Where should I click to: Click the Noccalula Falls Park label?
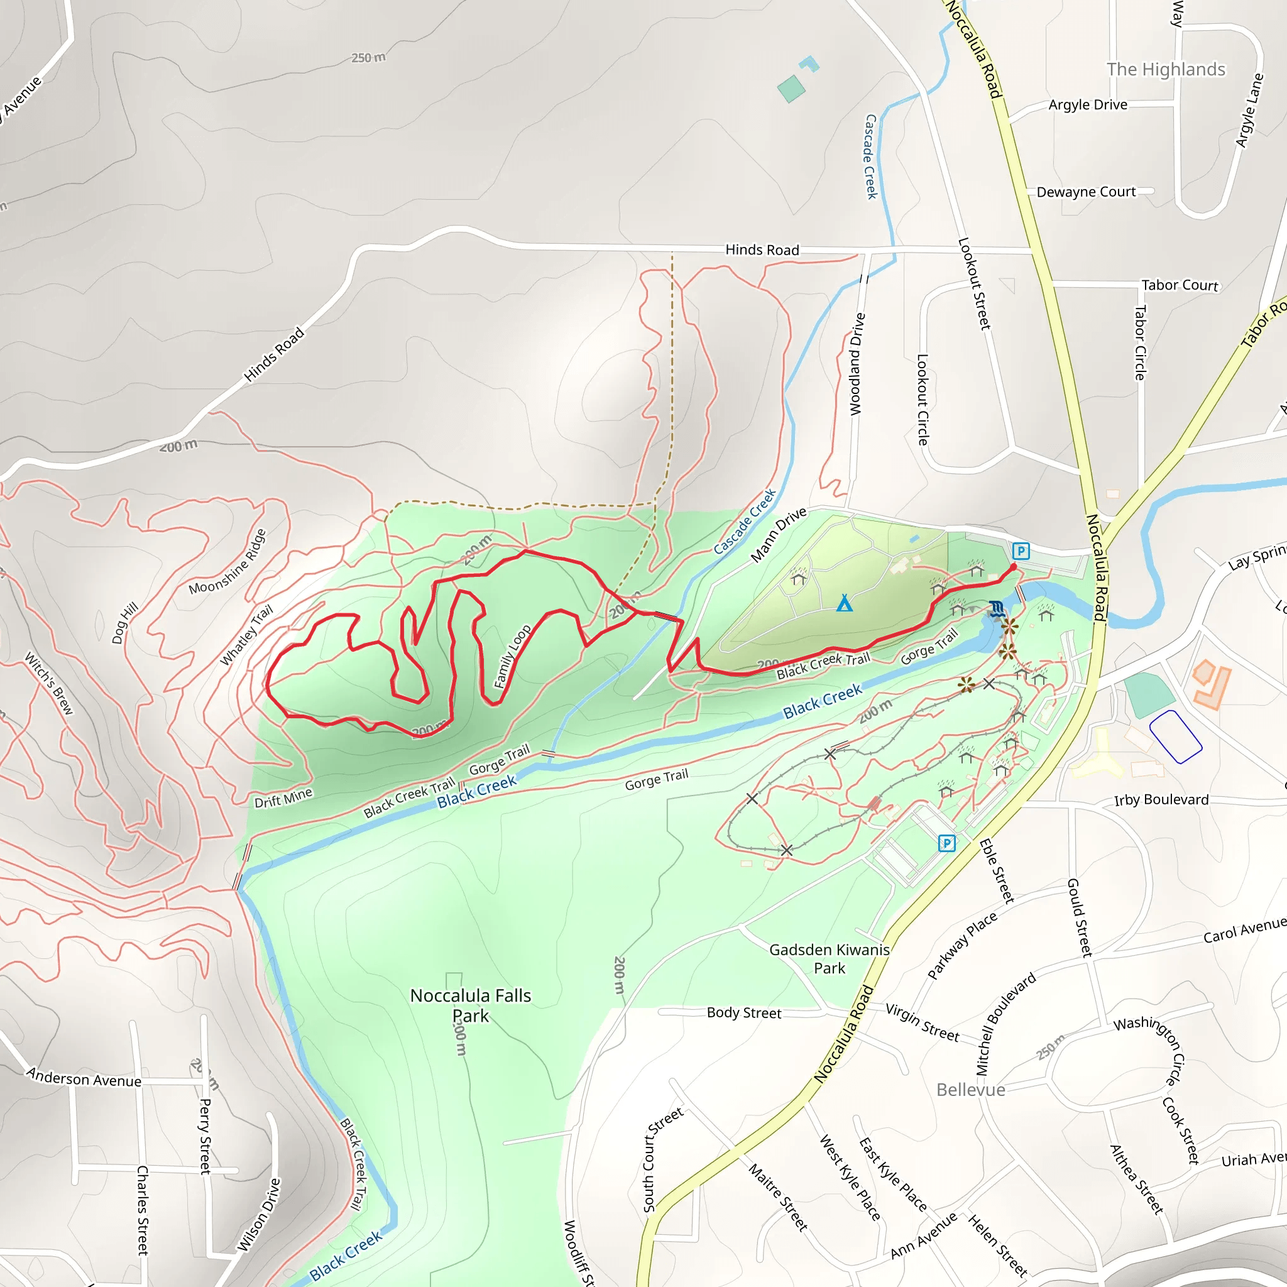470,1005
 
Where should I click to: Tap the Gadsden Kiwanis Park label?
830,958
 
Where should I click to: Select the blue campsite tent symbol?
844,603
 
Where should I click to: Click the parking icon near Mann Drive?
1021,551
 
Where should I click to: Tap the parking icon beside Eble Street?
946,843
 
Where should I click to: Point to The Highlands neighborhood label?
1166,69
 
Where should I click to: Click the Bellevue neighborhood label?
970,1090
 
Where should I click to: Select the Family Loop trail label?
512,656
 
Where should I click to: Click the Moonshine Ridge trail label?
228,562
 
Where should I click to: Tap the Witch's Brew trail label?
48,684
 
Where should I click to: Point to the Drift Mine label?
283,798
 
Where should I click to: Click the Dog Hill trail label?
124,623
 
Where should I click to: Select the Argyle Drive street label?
1088,104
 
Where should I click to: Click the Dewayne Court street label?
1086,192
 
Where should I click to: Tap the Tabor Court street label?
1180,285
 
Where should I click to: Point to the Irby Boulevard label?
1161,800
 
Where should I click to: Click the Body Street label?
743,1013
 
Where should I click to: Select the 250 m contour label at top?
368,58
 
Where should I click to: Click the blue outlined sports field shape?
1176,737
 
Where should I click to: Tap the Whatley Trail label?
246,635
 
